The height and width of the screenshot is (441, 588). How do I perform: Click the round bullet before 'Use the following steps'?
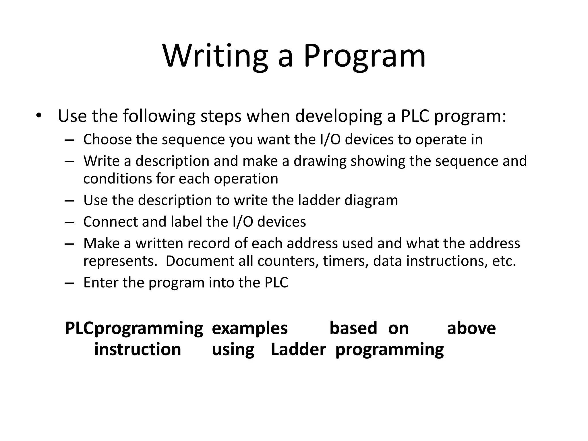(x=39, y=116)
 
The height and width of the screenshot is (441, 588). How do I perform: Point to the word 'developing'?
(x=339, y=116)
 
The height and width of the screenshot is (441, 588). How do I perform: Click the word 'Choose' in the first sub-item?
(x=107, y=140)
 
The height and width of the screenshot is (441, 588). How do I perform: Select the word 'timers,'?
(x=346, y=261)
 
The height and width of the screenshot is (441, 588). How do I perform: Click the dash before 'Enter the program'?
(x=69, y=283)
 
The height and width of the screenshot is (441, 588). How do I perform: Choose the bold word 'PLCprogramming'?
(x=134, y=328)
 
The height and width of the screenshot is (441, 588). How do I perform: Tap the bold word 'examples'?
(x=249, y=328)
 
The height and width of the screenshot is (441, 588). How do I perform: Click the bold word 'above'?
(x=471, y=328)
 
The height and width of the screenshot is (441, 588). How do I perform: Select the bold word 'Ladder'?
(x=298, y=350)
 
